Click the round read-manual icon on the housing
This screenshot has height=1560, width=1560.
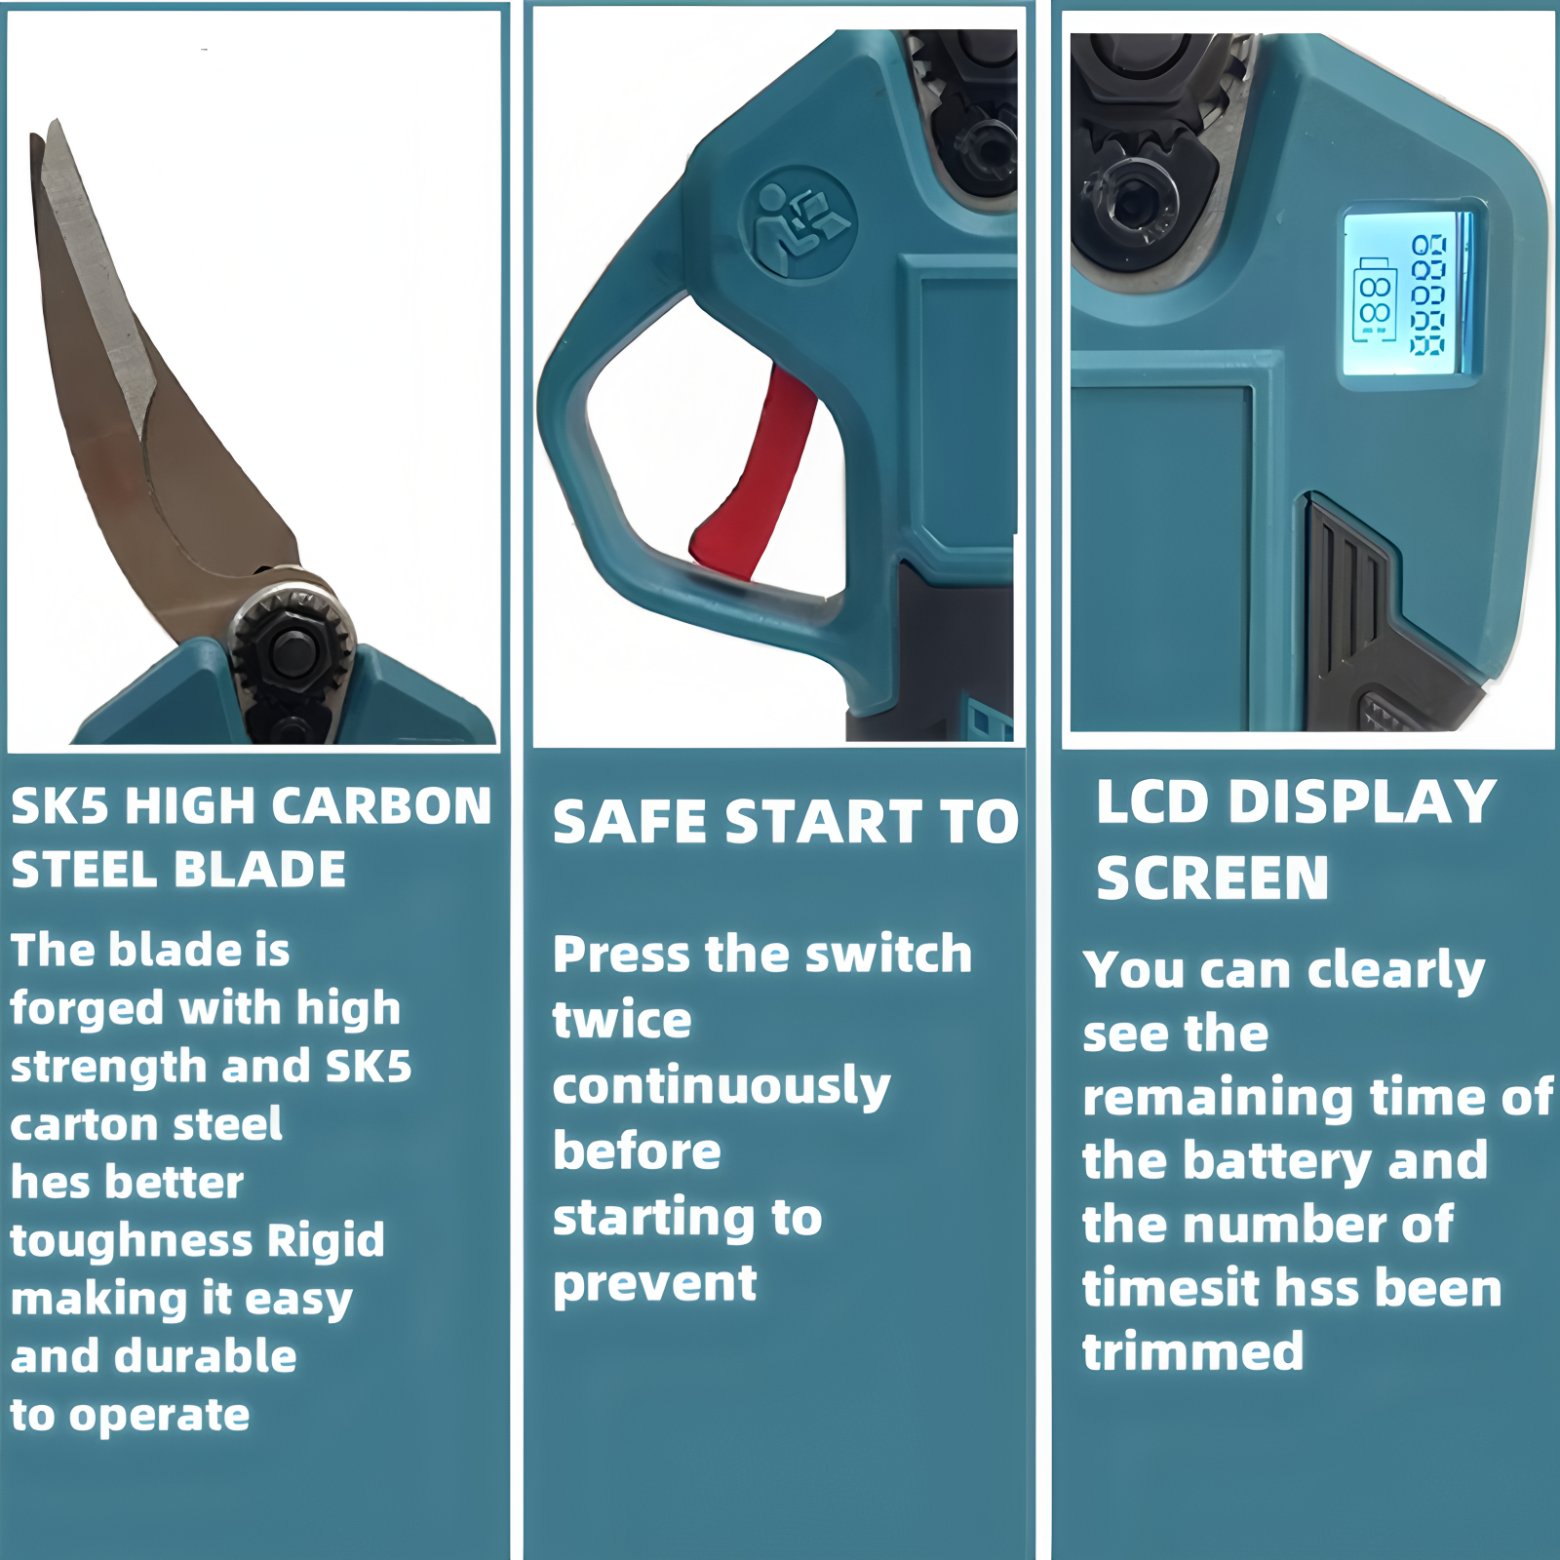point(799,224)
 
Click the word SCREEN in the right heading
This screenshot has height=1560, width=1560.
point(1212,877)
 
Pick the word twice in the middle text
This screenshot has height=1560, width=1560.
point(622,1020)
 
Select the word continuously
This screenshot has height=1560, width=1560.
point(721,1087)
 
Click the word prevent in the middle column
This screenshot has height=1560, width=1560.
point(655,1284)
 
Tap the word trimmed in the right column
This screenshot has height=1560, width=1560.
point(1193,1351)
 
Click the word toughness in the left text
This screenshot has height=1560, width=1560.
point(132,1240)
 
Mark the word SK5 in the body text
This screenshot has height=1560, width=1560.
point(368,1066)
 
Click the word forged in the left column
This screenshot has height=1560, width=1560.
point(86,1009)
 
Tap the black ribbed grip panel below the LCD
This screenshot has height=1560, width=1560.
point(1350,595)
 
